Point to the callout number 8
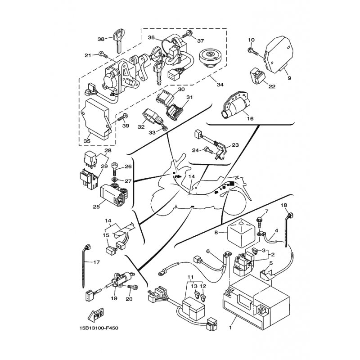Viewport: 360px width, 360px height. point(216,233)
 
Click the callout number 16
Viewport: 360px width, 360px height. point(251,118)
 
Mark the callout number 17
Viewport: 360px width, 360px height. point(96,262)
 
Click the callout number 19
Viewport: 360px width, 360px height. point(114,298)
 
